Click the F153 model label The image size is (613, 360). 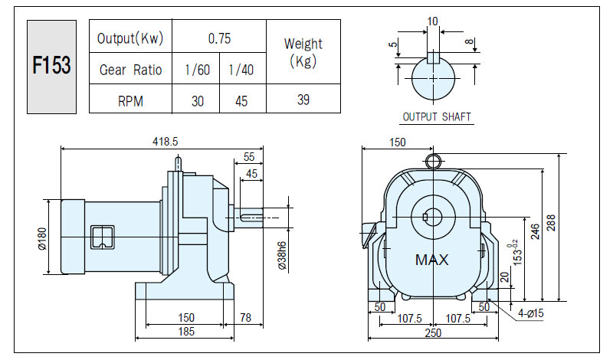(x=51, y=65)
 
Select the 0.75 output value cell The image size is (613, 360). (x=219, y=38)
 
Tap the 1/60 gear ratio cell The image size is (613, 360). (x=198, y=70)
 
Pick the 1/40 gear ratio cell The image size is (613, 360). (x=241, y=70)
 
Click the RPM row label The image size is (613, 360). (x=130, y=101)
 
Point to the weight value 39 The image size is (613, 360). (x=303, y=100)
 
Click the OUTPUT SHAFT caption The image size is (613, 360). (x=437, y=117)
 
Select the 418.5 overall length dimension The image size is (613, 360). (x=165, y=142)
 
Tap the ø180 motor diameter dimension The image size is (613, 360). (x=42, y=238)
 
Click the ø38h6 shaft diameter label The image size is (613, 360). (x=283, y=255)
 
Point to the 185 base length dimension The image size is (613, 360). (x=186, y=332)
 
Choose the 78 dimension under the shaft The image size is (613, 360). (x=245, y=317)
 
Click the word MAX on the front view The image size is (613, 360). (x=431, y=260)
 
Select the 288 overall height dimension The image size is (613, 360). (x=551, y=222)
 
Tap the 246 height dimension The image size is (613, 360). (x=535, y=231)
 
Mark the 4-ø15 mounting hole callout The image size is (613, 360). (x=531, y=313)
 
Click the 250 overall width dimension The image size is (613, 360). (x=433, y=332)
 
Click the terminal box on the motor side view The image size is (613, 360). (x=103, y=237)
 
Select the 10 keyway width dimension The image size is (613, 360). (x=433, y=21)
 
